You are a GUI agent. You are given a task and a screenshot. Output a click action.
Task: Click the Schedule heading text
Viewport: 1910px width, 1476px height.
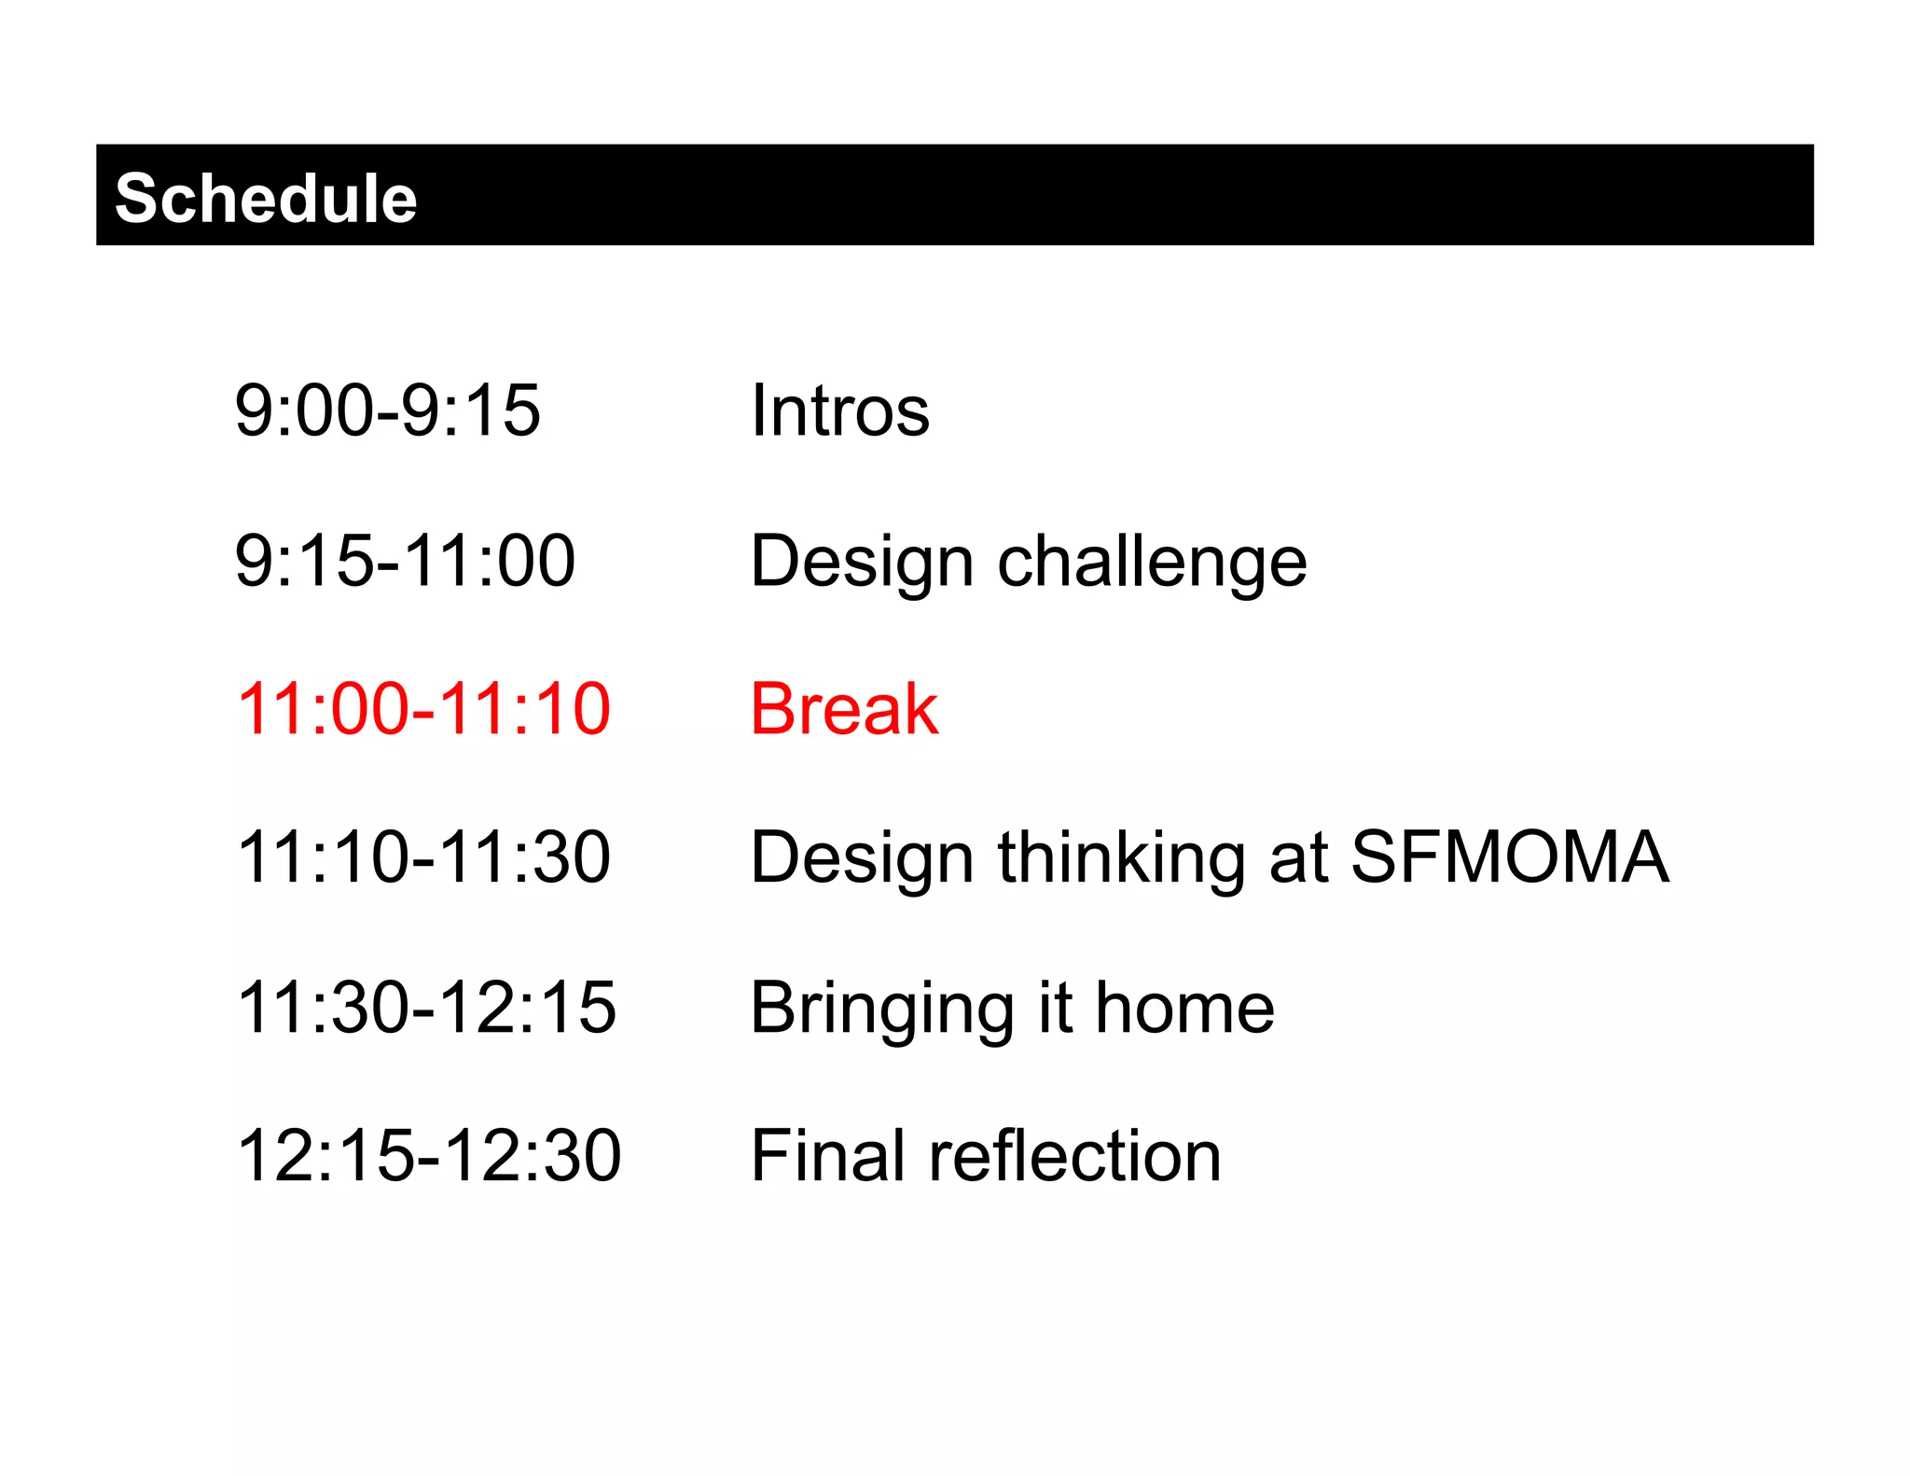pyautogui.click(x=266, y=199)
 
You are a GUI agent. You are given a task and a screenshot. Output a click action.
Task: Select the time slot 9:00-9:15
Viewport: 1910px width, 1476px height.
pyautogui.click(x=387, y=411)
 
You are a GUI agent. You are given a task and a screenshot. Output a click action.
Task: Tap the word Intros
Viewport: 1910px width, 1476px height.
pyautogui.click(x=840, y=411)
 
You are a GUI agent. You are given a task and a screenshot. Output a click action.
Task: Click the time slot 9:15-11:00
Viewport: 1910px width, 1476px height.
pyautogui.click(x=405, y=561)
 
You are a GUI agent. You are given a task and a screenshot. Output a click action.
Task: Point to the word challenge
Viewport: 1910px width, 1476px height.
pyautogui.click(x=1152, y=563)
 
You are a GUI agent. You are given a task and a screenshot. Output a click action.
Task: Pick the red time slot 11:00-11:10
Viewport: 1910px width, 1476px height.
pyautogui.click(x=423, y=709)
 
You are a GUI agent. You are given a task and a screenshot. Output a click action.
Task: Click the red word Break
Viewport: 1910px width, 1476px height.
pyautogui.click(x=844, y=709)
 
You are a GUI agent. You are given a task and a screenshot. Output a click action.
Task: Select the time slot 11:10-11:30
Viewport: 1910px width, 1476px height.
pyautogui.click(x=423, y=857)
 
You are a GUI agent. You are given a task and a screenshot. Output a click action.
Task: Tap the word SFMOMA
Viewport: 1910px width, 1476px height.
pyautogui.click(x=1509, y=857)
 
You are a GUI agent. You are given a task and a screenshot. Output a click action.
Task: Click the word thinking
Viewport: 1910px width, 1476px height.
pyautogui.click(x=1121, y=859)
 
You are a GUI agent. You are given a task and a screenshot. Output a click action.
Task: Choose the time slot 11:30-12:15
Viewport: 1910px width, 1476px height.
pyautogui.click(x=426, y=1008)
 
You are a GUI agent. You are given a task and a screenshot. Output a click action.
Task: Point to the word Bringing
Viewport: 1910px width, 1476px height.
pyautogui.click(x=881, y=1010)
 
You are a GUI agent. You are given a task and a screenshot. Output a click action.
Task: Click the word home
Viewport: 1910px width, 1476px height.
pyautogui.click(x=1184, y=1008)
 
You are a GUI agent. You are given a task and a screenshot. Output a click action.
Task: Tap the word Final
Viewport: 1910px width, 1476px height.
pyautogui.click(x=825, y=1156)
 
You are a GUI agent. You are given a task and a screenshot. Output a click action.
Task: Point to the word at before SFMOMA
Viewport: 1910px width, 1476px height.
pyautogui.click(x=1297, y=859)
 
